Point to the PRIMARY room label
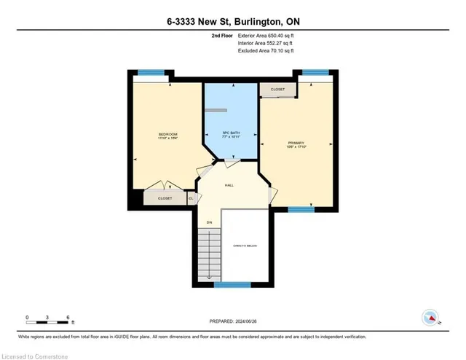tap(296, 142)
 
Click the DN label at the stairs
tap(209, 222)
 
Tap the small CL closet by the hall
tap(191, 197)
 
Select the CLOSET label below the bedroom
tap(165, 197)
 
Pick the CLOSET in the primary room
tap(278, 90)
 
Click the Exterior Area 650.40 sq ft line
tap(266, 35)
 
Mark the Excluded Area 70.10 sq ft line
tap(265, 51)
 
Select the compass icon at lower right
tap(431, 317)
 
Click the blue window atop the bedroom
tap(149, 72)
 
